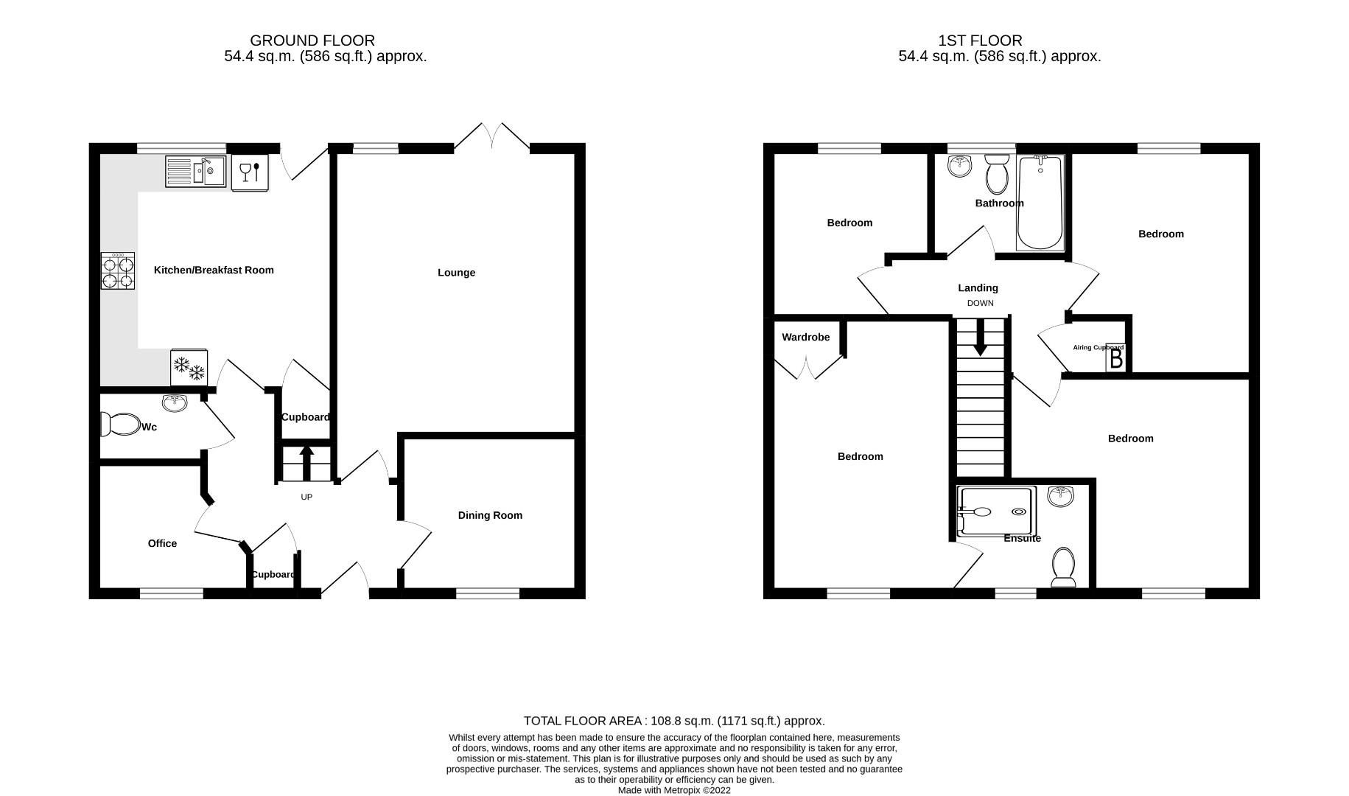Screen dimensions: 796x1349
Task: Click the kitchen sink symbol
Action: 195,172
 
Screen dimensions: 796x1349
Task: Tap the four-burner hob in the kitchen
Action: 118,271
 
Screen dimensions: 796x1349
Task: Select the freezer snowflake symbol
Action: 189,368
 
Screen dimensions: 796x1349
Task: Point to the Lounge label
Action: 456,273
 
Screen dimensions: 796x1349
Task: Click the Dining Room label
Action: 490,515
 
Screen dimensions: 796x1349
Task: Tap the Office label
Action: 162,543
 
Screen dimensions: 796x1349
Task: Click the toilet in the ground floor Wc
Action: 121,425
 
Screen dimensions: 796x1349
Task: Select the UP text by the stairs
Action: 306,497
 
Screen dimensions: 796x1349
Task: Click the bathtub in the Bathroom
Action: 1040,202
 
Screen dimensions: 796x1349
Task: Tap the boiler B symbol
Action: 1115,359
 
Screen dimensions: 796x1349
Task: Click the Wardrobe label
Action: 805,338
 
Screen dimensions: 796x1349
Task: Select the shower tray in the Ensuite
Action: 995,511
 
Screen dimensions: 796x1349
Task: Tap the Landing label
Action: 978,288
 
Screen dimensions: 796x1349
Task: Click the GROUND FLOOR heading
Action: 312,41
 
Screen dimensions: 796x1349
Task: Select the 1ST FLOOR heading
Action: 980,41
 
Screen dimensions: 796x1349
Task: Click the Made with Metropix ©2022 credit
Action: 674,790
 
